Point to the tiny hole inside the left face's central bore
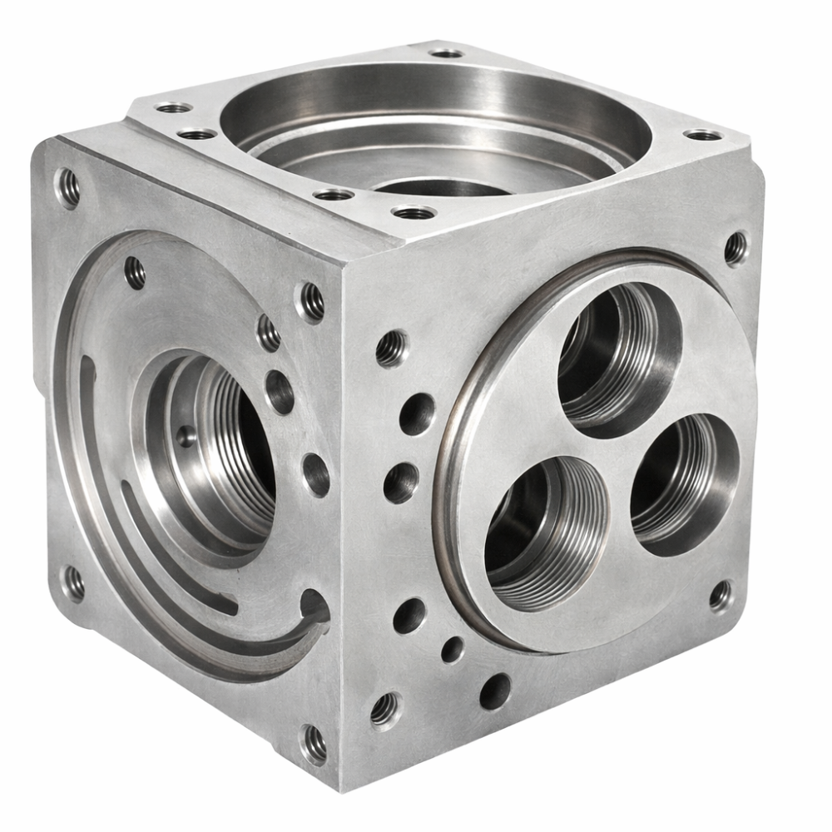click(186, 435)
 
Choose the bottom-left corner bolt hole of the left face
click(73, 583)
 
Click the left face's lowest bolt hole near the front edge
click(314, 744)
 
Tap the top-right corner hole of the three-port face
click(735, 247)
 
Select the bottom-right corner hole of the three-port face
click(721, 596)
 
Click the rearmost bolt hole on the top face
click(447, 52)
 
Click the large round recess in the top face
click(433, 125)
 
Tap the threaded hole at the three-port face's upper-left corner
click(391, 347)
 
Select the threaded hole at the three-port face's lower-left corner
click(385, 709)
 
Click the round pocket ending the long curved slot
click(314, 606)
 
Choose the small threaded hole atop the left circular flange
click(135, 272)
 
